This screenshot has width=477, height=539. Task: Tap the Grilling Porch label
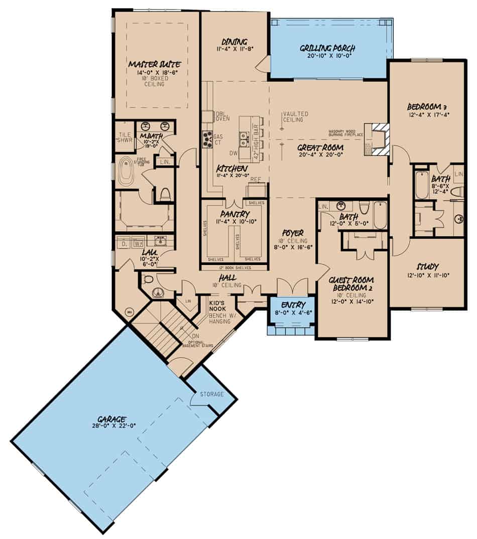(328, 48)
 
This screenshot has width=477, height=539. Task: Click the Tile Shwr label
(125, 137)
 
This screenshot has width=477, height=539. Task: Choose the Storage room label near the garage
(211, 394)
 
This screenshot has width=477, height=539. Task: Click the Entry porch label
(292, 305)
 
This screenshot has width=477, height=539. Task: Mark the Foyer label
(293, 233)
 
